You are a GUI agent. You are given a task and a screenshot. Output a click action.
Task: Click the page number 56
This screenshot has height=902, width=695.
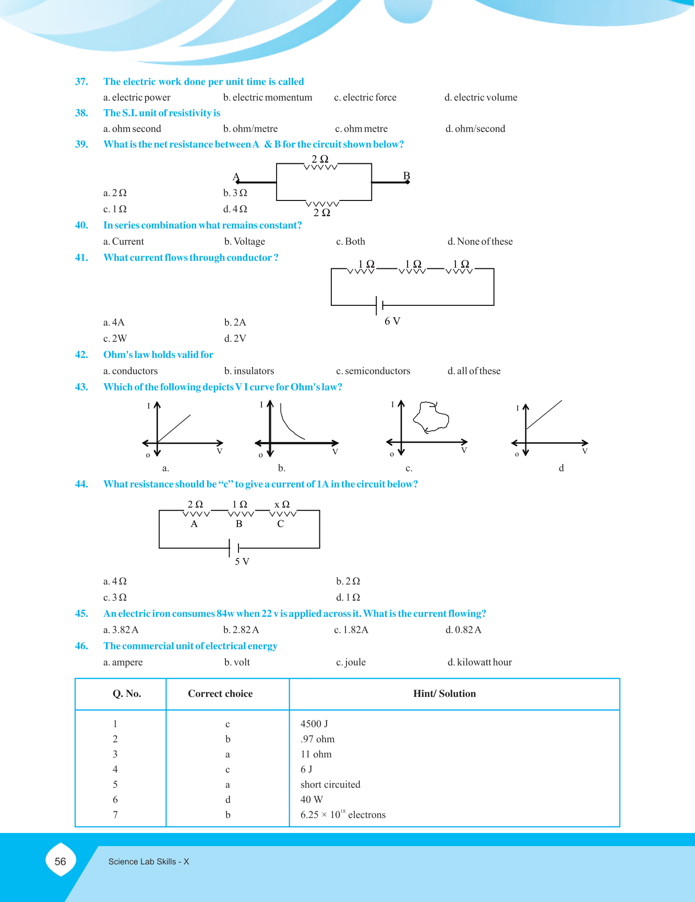pos(61,861)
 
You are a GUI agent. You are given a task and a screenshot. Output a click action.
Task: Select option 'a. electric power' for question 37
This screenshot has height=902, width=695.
pos(137,98)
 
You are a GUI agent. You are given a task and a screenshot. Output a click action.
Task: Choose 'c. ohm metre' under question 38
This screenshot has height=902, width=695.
pos(361,129)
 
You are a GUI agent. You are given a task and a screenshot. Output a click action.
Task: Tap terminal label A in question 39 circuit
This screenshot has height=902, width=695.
pos(236,176)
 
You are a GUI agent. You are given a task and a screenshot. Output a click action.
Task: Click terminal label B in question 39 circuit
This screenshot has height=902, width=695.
pos(406,176)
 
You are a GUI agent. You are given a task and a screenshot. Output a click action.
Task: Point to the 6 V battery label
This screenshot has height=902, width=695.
pos(392,321)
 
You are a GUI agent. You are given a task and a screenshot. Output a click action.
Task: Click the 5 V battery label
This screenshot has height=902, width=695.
pos(242,562)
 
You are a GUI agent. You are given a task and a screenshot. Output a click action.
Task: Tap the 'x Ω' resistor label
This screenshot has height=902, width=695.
pos(282,504)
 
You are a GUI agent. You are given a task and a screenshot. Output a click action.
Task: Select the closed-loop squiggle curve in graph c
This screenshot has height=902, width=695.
pos(431,417)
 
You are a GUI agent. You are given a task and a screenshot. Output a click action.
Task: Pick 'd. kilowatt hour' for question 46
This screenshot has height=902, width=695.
pos(480,662)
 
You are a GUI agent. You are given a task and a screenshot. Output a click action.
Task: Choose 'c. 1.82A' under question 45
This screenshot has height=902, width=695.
pos(351,630)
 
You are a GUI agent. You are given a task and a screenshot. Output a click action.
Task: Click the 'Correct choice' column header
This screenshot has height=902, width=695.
pos(220,694)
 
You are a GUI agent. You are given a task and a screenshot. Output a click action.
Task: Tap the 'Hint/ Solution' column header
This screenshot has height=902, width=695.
pos(445,694)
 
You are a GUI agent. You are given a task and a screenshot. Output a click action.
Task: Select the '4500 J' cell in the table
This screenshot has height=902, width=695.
pos(314,724)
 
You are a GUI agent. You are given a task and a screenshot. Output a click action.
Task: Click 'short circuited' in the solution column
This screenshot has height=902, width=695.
pos(330,785)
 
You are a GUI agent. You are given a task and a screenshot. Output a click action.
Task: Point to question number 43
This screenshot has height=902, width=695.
pos(81,387)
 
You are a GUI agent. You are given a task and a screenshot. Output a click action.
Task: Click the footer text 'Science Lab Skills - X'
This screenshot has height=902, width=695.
pos(149,862)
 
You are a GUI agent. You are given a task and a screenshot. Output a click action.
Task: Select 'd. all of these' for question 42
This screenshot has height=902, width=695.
pos(474,371)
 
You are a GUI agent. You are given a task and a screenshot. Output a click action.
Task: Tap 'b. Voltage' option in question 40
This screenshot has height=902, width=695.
pos(245,242)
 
